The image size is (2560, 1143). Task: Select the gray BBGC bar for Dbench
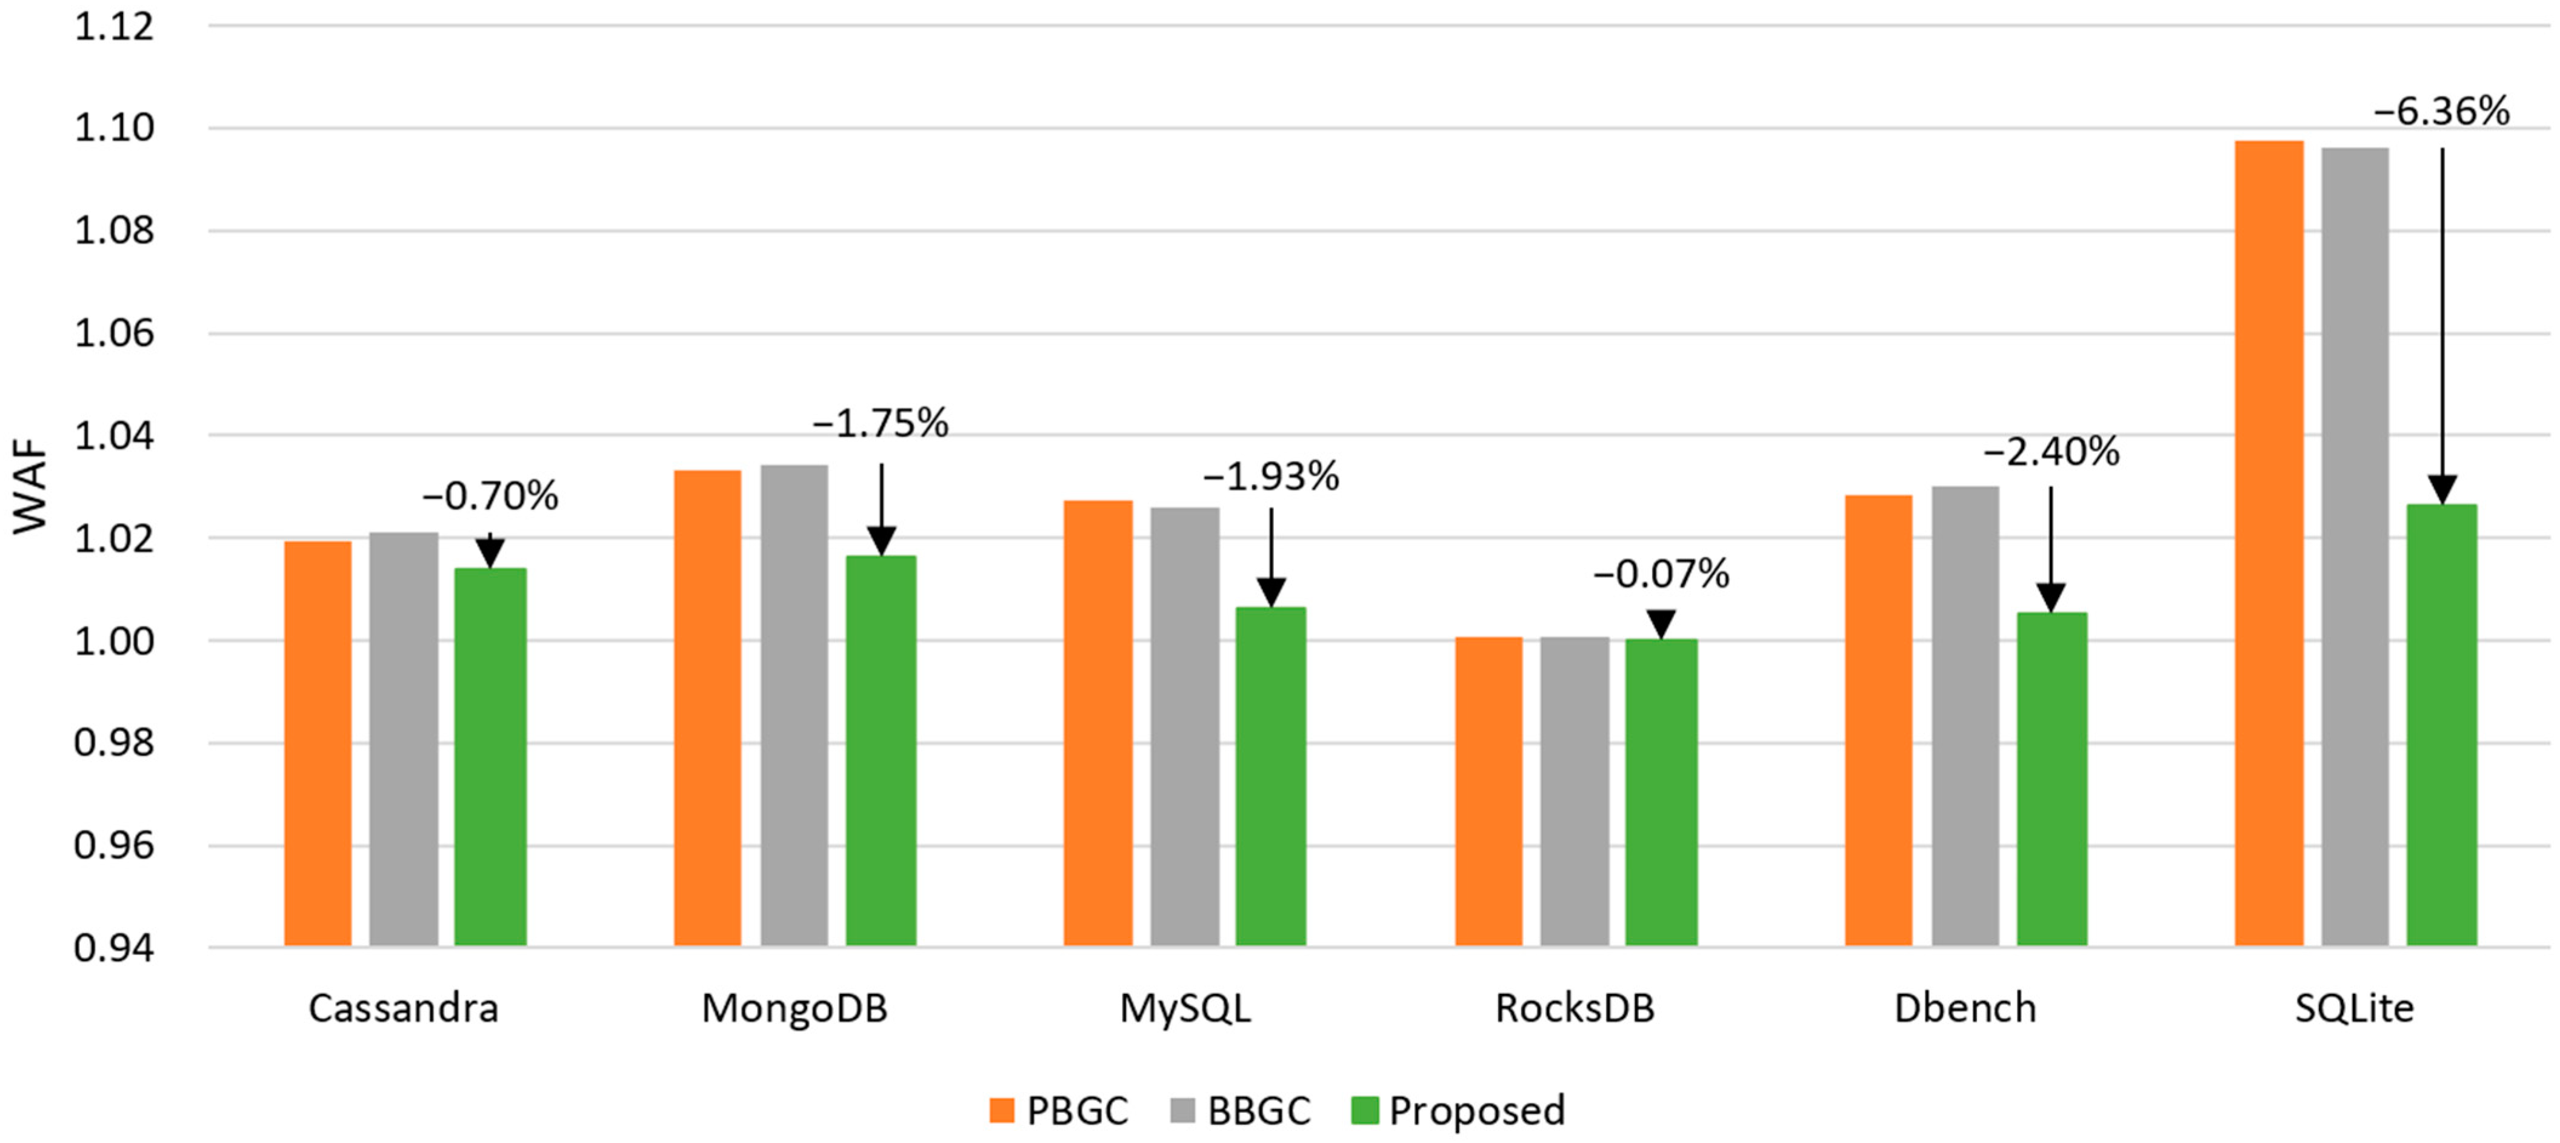(1965, 715)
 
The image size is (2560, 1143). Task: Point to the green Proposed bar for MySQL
(1270, 776)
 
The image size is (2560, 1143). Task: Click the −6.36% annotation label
(2442, 112)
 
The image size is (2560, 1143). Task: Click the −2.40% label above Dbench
(2051, 452)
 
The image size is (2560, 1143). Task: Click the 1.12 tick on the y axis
(115, 27)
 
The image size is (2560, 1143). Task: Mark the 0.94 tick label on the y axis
(115, 947)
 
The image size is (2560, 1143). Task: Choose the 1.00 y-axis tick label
(115, 641)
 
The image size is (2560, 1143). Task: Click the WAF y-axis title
(30, 487)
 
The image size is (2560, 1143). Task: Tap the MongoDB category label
(794, 1008)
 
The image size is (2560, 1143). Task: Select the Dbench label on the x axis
(1965, 1008)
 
